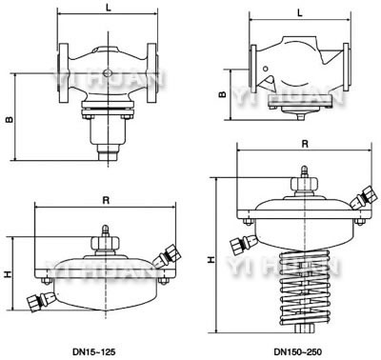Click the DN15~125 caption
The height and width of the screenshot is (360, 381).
93,351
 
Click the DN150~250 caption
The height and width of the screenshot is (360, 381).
298,351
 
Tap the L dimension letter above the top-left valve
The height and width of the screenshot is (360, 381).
109,8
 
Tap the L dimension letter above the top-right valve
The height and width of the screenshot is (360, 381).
300,12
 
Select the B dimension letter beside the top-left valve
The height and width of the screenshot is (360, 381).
10,120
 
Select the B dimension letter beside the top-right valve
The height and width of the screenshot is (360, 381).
223,94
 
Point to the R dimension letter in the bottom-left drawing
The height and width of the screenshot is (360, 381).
106,200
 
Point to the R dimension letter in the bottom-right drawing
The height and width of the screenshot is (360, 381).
305,144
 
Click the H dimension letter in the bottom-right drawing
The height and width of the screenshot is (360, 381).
211,260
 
